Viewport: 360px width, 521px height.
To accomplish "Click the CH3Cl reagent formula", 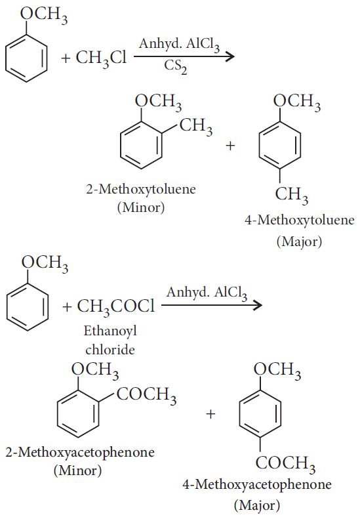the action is [101, 58].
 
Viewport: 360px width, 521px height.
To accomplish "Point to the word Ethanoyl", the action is [110, 331].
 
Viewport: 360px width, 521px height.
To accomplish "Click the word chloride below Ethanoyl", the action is [110, 350].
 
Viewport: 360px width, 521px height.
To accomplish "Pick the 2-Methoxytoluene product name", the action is [141, 190].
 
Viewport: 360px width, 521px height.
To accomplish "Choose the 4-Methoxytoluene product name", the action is [300, 220].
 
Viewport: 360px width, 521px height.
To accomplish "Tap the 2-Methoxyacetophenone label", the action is [80, 453].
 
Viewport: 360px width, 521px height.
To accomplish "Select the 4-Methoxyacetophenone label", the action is [257, 485].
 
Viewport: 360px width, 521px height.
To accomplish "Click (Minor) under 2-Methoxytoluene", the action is [141, 207].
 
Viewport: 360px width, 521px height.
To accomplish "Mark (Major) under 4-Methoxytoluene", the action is [299, 241].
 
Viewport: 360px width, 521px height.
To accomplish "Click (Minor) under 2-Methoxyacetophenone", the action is [78, 470].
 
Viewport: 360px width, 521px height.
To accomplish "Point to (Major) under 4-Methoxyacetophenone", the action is [257, 505].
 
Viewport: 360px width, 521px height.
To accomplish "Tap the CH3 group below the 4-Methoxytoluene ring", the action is [291, 195].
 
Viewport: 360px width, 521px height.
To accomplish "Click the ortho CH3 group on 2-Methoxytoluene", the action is [196, 127].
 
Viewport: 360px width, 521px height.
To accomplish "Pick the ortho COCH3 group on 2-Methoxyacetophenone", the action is [146, 396].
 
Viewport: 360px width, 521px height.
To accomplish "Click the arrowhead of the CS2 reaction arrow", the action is [229, 56].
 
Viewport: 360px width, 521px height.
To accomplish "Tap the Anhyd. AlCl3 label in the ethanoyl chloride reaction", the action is [207, 293].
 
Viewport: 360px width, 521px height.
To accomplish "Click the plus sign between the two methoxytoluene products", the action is [230, 146].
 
